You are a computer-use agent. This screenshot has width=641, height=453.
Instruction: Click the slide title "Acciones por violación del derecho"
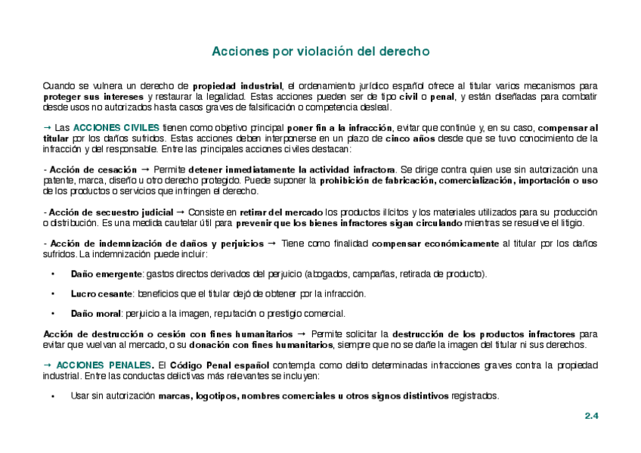point(320,51)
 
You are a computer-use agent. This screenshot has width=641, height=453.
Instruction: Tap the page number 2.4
point(591,416)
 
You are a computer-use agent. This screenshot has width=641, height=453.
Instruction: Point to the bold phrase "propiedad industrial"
point(237,86)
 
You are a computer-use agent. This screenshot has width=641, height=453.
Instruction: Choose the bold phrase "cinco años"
point(409,138)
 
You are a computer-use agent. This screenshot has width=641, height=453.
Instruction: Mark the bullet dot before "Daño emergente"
point(53,274)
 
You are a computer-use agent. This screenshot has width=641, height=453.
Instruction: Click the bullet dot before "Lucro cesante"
point(53,293)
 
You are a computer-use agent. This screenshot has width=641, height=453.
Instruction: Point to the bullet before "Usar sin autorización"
point(53,396)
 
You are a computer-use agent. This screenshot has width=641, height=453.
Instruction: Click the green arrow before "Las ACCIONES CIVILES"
point(47,127)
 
